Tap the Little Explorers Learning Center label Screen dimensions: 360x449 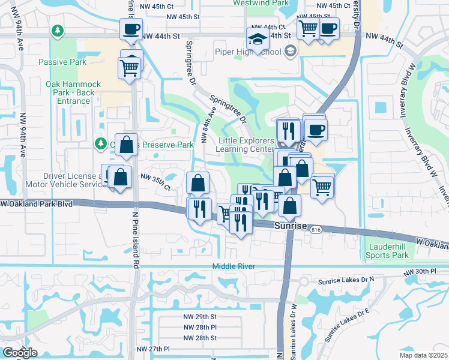[x=247, y=144]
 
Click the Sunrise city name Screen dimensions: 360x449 [x=291, y=226]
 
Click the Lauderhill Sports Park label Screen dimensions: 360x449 [x=387, y=251]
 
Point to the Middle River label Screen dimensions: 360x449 [x=234, y=266]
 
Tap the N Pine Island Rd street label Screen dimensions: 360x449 [x=136, y=247]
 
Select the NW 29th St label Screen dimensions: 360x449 [x=199, y=316]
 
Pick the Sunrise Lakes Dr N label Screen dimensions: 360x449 [x=349, y=280]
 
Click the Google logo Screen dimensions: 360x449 [x=19, y=353]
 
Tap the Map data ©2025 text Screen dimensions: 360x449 [x=424, y=355]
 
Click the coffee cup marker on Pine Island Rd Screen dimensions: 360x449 [x=130, y=29]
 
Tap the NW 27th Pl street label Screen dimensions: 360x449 [x=153, y=349]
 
